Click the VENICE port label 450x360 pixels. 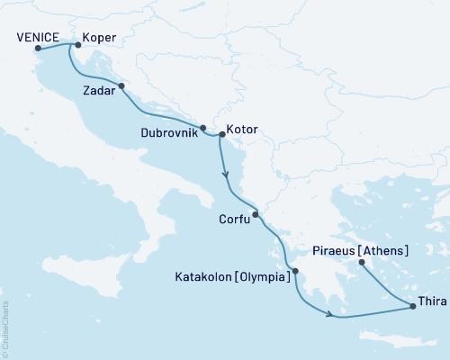[39, 37]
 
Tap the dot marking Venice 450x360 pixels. [38, 49]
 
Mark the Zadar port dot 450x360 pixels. [121, 87]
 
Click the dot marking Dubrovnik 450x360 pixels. [203, 128]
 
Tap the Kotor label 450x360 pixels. [243, 130]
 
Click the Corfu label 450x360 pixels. [234, 218]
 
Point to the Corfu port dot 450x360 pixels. [256, 214]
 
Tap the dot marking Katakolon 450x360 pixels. [294, 270]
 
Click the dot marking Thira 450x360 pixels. [413, 307]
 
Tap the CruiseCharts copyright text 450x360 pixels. [5, 328]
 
